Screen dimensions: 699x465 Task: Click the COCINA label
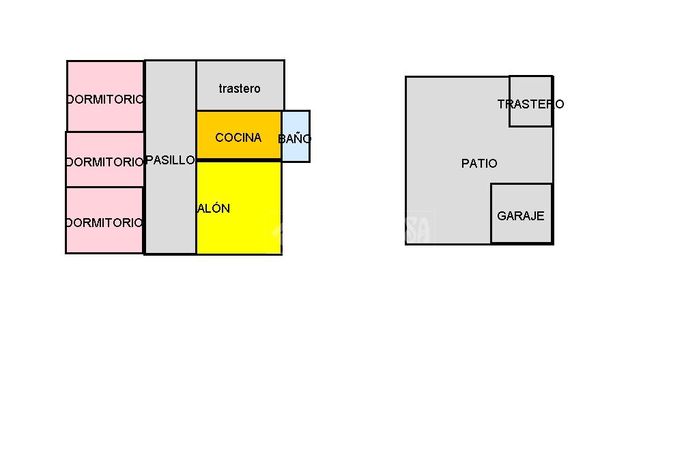tap(238, 138)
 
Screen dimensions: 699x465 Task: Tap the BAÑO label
tap(295, 138)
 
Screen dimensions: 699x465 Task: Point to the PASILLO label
tap(171, 160)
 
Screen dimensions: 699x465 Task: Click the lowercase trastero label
tap(240, 89)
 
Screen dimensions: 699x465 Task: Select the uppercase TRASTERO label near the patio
tap(530, 104)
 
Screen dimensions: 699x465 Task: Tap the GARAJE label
tap(521, 216)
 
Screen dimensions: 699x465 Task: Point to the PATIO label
tap(479, 164)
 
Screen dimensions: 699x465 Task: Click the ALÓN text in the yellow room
tap(214, 209)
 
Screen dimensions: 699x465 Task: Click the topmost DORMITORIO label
tap(106, 100)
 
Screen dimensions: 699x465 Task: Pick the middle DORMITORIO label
tap(105, 162)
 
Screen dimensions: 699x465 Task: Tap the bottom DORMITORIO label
tap(104, 223)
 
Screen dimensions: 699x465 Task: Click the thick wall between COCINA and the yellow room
tap(239, 160)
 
